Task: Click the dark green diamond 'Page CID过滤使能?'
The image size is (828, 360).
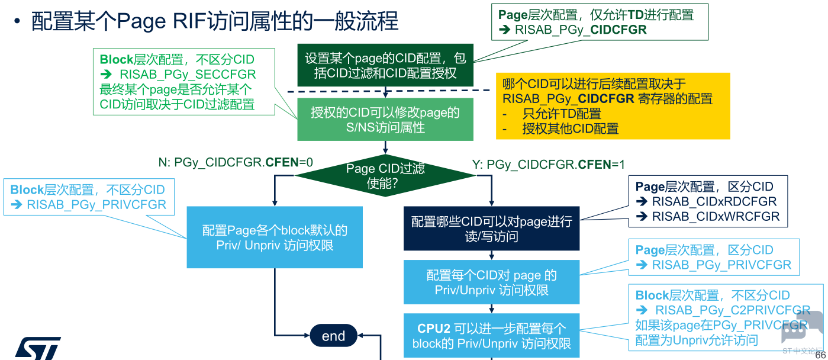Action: coord(385,176)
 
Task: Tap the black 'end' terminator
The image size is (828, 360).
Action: coord(333,336)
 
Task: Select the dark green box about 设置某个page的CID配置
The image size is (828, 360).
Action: coord(385,66)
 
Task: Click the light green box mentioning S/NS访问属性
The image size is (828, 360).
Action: coord(385,120)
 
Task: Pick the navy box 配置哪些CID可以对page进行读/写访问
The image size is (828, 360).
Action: coord(491,229)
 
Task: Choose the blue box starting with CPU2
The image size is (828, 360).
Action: coord(491,336)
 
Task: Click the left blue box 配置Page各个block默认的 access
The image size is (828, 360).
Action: coord(275,237)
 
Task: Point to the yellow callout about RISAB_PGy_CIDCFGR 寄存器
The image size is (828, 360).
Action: coord(613,106)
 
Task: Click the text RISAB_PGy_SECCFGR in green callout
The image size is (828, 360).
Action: coord(188,75)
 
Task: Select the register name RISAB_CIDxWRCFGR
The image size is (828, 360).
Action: coord(716,217)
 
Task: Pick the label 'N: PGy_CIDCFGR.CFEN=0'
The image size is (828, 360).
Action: coord(235,163)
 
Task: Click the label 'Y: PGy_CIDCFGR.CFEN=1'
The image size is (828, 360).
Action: coord(548,165)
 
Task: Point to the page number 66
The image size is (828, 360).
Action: coord(820,355)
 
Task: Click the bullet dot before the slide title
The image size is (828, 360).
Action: coord(18,22)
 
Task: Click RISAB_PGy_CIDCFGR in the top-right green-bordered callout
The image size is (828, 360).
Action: coord(581,30)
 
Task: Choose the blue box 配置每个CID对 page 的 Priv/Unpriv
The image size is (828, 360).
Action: coord(491,282)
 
